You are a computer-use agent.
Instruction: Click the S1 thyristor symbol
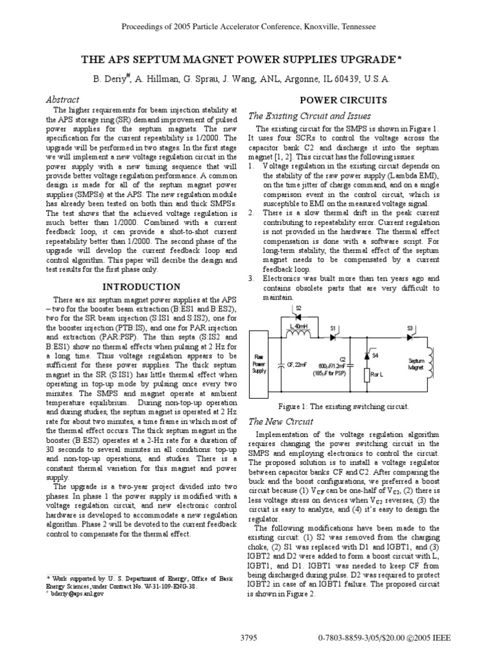(x=333, y=337)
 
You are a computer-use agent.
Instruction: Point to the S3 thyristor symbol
(x=409, y=337)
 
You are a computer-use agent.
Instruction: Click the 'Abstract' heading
(x=63, y=100)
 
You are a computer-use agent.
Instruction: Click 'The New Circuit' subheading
(x=281, y=421)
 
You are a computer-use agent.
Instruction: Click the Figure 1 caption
(x=344, y=407)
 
